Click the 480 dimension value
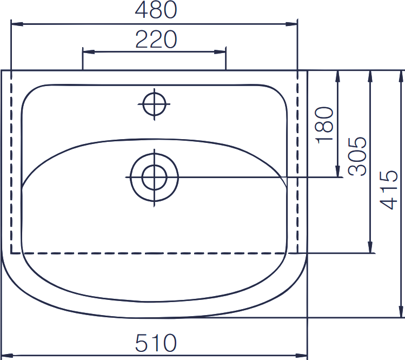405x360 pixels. (156, 10)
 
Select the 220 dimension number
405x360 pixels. (156, 40)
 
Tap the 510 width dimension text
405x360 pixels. (156, 343)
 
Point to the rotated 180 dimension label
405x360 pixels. (324, 125)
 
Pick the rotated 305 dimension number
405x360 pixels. (357, 156)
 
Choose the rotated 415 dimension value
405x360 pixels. (388, 189)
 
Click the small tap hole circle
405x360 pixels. (154, 104)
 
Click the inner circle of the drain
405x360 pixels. (154, 178)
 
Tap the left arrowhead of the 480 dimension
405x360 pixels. (17, 24)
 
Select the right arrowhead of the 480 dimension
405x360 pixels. (291, 24)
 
